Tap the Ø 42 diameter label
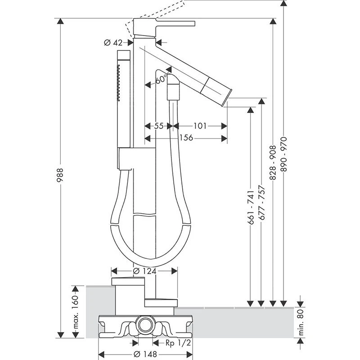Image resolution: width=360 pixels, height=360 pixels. click(113, 43)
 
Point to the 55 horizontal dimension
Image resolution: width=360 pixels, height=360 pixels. click(158, 126)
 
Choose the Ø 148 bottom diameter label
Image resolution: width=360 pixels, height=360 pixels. click(145, 354)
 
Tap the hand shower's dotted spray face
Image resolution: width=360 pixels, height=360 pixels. click(118, 83)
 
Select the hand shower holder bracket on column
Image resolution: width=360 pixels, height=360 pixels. click(126, 159)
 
